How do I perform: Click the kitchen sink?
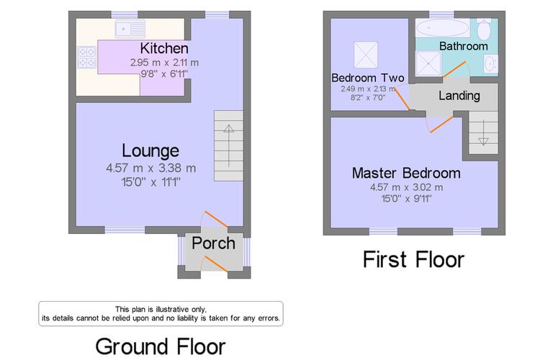click(130, 29)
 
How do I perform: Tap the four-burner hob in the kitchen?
click(86, 57)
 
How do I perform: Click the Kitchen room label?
click(164, 48)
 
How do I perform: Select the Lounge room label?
click(150, 150)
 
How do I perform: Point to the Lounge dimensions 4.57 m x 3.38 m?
click(151, 168)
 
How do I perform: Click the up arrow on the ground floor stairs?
click(229, 145)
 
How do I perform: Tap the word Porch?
click(214, 243)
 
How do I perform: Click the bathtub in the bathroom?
click(442, 28)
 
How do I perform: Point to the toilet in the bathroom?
click(485, 29)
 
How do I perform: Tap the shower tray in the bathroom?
click(428, 63)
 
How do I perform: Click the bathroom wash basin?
click(490, 64)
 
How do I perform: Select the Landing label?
click(459, 96)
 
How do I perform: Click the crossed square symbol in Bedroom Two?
click(366, 55)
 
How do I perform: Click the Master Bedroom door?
click(440, 125)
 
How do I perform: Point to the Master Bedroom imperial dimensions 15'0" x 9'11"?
click(406, 199)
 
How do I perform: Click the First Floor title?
click(413, 259)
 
